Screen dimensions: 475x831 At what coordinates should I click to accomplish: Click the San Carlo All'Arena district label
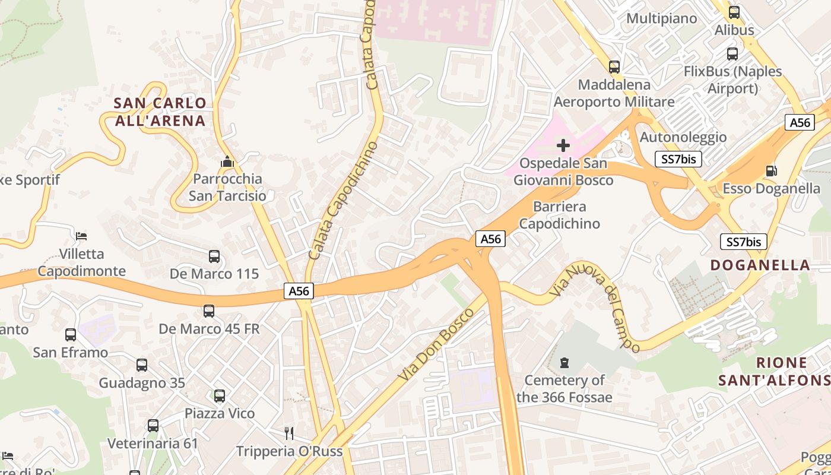[x=160, y=112]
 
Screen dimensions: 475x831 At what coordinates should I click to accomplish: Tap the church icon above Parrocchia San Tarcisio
[x=227, y=161]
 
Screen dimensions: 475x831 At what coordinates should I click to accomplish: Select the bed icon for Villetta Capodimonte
[x=82, y=236]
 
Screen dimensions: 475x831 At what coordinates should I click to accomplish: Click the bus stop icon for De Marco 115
[x=214, y=256]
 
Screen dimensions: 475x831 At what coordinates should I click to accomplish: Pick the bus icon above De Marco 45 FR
[x=209, y=311]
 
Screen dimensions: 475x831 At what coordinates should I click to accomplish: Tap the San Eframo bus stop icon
[x=71, y=334]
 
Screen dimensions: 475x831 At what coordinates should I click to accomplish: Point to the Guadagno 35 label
[x=142, y=383]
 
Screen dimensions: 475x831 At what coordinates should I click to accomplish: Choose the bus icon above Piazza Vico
[x=220, y=395]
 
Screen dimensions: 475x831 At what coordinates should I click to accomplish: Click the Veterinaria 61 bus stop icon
[x=153, y=425]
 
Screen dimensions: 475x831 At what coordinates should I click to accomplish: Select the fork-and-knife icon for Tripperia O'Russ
[x=289, y=433]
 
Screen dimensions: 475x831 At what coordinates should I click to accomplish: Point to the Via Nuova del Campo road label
[x=595, y=307]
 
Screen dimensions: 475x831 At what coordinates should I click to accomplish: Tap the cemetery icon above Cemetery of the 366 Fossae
[x=564, y=362]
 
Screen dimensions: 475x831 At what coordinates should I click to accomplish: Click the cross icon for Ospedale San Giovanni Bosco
[x=563, y=145]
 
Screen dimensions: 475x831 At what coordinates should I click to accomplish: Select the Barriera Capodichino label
[x=559, y=215]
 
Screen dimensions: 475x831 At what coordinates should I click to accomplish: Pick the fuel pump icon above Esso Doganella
[x=771, y=171]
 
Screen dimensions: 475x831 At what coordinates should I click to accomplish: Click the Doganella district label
[x=760, y=265]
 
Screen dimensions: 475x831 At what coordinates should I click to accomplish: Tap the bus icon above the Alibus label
[x=734, y=12]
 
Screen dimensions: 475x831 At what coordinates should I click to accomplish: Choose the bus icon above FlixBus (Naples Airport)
[x=732, y=54]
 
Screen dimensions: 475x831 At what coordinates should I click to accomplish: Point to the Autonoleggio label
[x=683, y=137]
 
